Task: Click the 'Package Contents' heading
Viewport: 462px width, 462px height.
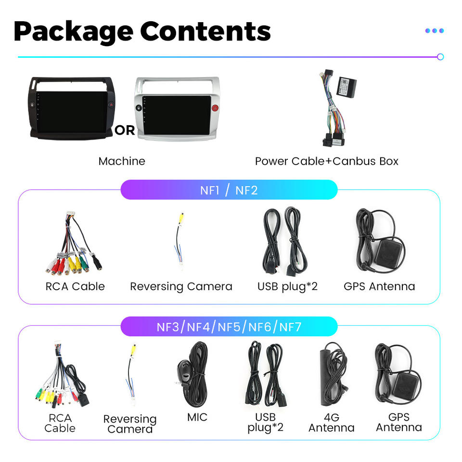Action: (x=142, y=31)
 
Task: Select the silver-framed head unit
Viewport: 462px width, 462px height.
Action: (x=177, y=109)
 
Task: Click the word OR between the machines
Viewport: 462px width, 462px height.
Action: (x=125, y=130)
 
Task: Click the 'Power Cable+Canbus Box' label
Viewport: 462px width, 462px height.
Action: (x=326, y=161)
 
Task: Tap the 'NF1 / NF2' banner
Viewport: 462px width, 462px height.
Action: (x=229, y=190)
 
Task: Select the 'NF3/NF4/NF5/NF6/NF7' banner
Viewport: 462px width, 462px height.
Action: (x=229, y=327)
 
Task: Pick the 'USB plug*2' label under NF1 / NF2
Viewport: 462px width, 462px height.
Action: (x=287, y=286)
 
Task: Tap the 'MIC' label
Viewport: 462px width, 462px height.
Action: (x=197, y=417)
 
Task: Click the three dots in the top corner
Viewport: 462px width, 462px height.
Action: (x=434, y=31)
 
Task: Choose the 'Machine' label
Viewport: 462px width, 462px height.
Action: (x=121, y=161)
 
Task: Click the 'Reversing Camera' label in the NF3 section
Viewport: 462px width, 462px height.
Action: (x=130, y=423)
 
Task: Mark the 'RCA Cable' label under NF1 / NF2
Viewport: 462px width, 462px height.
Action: (x=75, y=286)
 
